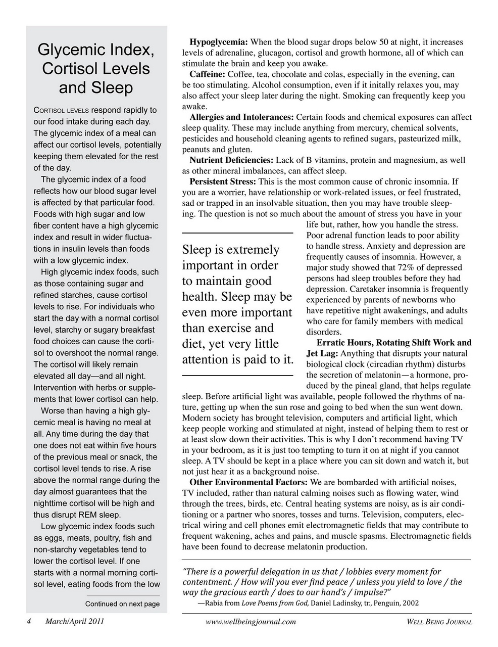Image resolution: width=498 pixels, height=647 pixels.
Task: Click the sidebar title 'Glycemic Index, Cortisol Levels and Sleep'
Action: tap(96, 69)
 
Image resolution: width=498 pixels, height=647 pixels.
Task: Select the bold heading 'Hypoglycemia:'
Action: tap(218, 41)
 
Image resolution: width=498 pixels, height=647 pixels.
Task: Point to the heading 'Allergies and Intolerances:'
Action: tap(241, 117)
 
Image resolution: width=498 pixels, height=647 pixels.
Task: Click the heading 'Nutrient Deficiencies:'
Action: tap(231, 160)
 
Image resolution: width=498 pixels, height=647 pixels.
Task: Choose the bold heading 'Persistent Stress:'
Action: tap(223, 181)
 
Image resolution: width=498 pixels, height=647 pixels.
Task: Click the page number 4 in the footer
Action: tap(29, 622)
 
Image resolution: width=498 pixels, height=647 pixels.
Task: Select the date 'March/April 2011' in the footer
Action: tap(75, 622)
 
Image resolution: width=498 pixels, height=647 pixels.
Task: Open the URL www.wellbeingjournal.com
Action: tap(251, 622)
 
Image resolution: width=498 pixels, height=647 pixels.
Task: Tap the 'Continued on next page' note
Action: tap(122, 604)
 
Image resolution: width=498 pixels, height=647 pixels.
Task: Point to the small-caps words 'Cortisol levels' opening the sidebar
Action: tap(61, 110)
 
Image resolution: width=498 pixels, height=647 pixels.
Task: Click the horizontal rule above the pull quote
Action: tap(237, 233)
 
